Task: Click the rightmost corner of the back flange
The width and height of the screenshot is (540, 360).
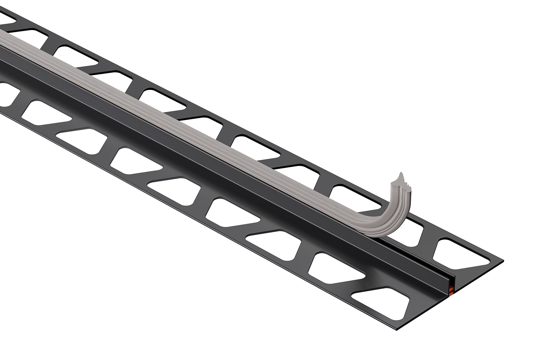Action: [503, 261]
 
